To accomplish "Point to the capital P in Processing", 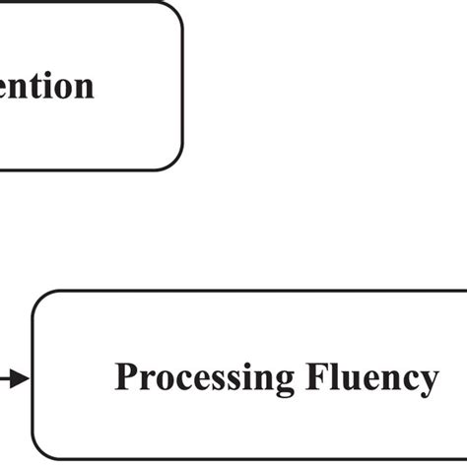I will click(x=126, y=377).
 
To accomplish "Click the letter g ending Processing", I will click(x=284, y=382).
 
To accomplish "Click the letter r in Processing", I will click(x=147, y=380).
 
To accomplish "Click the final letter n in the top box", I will click(x=85, y=87).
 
